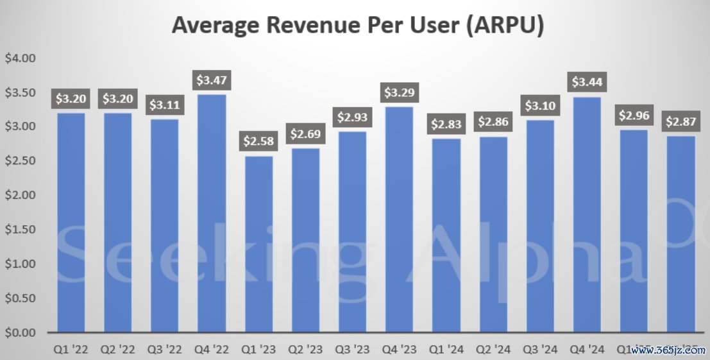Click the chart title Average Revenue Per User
[358, 26]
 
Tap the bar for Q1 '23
[257, 244]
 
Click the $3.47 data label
[211, 81]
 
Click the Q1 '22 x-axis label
[71, 350]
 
